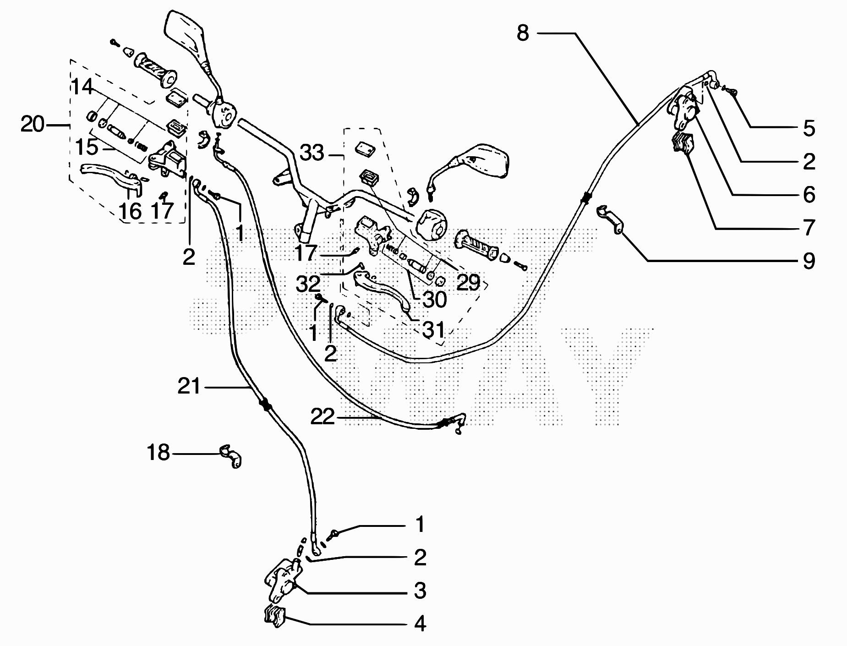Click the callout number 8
click(x=523, y=33)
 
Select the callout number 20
click(x=33, y=124)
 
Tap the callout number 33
click(x=312, y=153)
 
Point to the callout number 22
click(x=322, y=417)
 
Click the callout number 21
click(x=189, y=387)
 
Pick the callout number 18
click(x=158, y=453)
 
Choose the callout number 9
click(x=809, y=261)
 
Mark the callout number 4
click(x=420, y=624)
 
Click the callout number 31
click(x=433, y=329)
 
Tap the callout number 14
click(x=82, y=87)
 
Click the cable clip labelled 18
click(x=231, y=455)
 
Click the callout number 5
click(x=809, y=128)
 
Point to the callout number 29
click(x=468, y=283)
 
